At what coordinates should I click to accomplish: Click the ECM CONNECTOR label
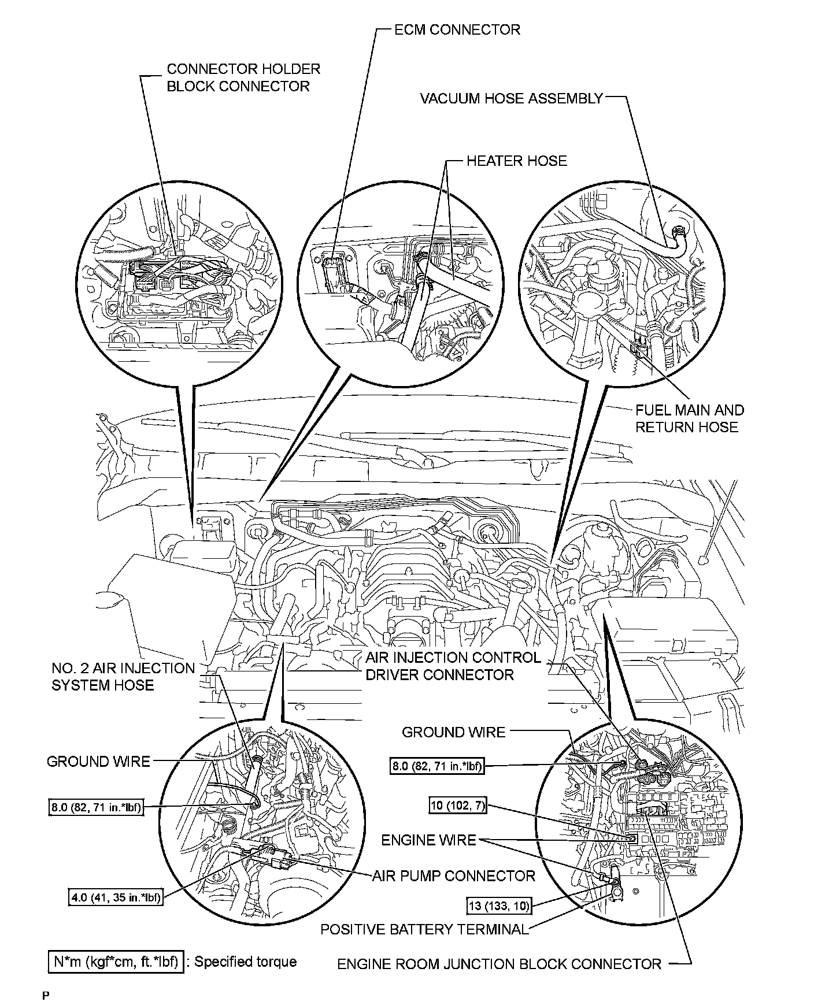[x=457, y=30]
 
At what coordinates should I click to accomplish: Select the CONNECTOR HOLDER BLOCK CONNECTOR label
[x=243, y=77]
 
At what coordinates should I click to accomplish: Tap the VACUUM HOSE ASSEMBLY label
[x=511, y=99]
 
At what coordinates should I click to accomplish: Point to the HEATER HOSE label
[x=516, y=161]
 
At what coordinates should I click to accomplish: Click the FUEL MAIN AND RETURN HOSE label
[x=689, y=418]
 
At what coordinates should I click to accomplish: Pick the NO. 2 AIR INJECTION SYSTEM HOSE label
[x=123, y=677]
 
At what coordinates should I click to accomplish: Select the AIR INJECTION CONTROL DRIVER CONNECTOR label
[x=453, y=666]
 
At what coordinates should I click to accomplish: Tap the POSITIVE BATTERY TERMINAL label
[x=424, y=929]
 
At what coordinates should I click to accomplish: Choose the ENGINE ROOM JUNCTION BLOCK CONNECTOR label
[x=499, y=963]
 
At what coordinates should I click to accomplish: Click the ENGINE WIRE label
[x=428, y=840]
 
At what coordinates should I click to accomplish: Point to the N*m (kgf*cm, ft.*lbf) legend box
[x=116, y=962]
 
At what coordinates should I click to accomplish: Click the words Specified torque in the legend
[x=245, y=962]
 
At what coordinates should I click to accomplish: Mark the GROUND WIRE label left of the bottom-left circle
[x=98, y=762]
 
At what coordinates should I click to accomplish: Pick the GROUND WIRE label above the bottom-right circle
[x=453, y=732]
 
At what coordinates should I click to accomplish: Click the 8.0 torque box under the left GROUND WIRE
[x=95, y=807]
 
